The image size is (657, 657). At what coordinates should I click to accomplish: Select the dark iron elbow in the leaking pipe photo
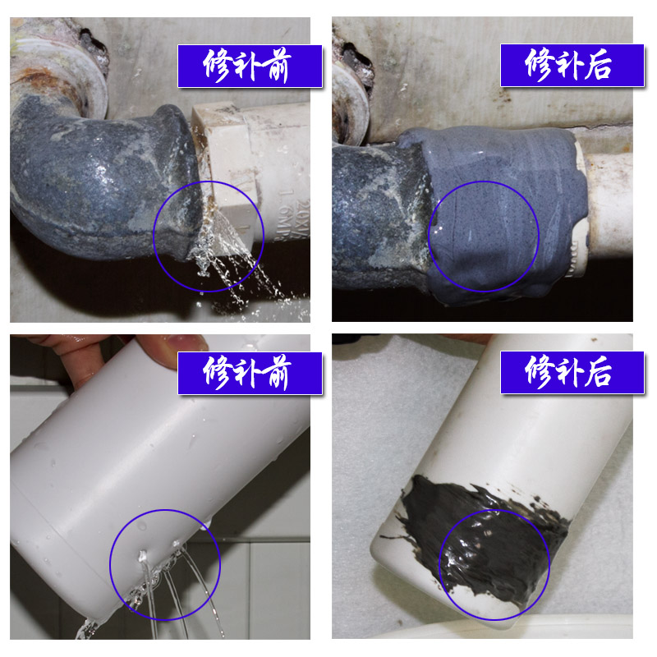90,181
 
